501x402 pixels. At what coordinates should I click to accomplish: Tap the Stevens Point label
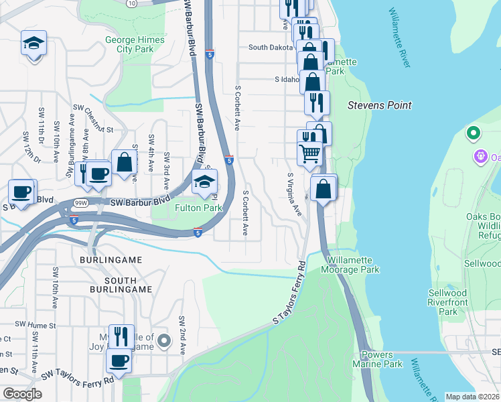379,105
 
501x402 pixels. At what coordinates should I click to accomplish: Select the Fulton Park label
198,208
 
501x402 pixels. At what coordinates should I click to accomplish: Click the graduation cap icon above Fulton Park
205,182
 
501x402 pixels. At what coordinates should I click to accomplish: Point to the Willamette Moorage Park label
354,265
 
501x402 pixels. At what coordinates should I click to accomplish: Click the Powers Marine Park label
382,359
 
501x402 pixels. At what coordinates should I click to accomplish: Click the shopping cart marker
310,154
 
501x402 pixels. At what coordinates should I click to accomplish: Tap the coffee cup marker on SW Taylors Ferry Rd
120,360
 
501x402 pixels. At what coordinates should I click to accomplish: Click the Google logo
22,394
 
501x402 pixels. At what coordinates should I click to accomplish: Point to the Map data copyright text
473,397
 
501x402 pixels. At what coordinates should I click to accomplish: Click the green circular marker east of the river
474,133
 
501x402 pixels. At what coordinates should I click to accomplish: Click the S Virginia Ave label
293,194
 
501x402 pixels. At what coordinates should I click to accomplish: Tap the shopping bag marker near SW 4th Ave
125,161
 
